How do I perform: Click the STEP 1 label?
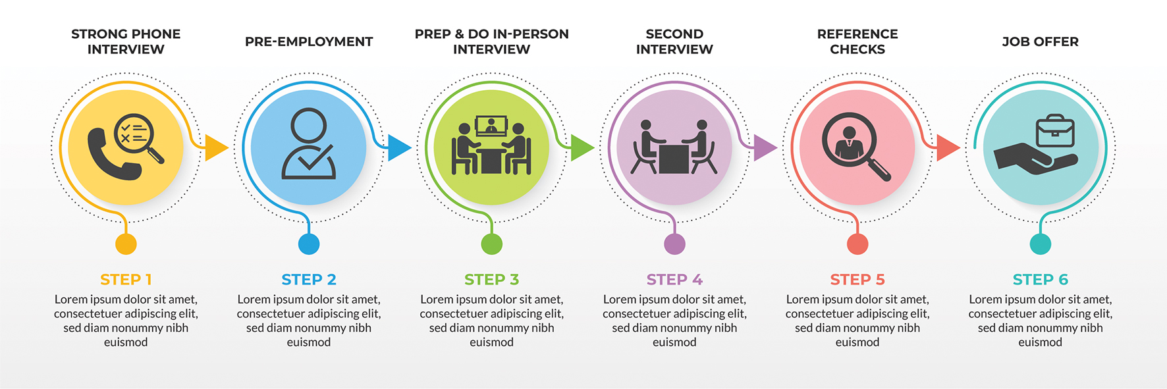tap(126, 280)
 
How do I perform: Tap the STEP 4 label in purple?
tap(674, 280)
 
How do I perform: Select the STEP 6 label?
tap(1040, 280)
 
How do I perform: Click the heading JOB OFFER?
tap(1040, 41)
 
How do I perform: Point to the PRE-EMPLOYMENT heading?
tap(309, 41)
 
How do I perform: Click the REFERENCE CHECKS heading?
tap(857, 41)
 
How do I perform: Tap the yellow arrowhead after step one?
tap(215, 147)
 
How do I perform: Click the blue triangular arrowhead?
tap(398, 147)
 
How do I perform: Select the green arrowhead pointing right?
tap(581, 147)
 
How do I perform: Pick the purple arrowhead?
tap(763, 147)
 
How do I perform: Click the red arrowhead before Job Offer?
tap(946, 147)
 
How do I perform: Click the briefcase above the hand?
tap(1055, 131)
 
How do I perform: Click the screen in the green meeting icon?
tap(491, 125)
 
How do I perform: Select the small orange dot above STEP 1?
tap(126, 244)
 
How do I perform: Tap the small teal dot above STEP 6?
tap(1040, 244)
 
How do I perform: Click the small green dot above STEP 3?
tap(491, 244)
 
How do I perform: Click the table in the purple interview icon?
tap(674, 159)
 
